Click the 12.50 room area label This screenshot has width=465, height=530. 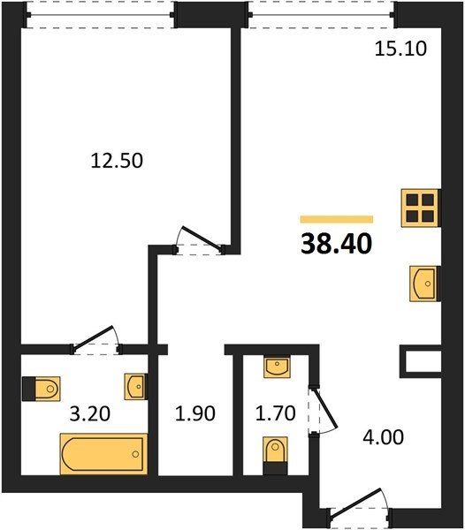pyautogui.click(x=117, y=161)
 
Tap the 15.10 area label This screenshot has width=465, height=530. pyautogui.click(x=400, y=49)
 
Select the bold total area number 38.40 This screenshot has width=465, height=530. pyautogui.click(x=337, y=244)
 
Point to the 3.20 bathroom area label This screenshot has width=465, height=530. pyautogui.click(x=90, y=413)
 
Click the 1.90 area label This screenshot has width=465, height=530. pyautogui.click(x=195, y=413)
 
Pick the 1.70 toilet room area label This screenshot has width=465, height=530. pyautogui.click(x=276, y=413)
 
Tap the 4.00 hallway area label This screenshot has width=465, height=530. pyautogui.click(x=383, y=437)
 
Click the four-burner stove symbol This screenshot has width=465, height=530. pyautogui.click(x=421, y=208)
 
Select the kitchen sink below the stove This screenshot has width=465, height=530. pyautogui.click(x=425, y=284)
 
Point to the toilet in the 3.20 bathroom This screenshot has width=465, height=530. pyautogui.click(x=42, y=389)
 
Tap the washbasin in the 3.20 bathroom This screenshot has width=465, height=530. pyautogui.click(x=136, y=386)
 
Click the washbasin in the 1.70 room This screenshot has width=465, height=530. pyautogui.click(x=277, y=367)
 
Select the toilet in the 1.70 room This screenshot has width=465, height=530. pyautogui.click(x=275, y=456)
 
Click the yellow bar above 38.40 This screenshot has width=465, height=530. pyautogui.click(x=337, y=219)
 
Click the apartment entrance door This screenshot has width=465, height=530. pyautogui.click(x=359, y=507)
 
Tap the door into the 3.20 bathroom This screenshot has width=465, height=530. pyautogui.click(x=95, y=340)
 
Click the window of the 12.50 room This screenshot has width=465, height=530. pyautogui.click(x=100, y=15)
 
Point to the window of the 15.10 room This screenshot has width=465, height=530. pyautogui.click(x=321, y=15)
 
